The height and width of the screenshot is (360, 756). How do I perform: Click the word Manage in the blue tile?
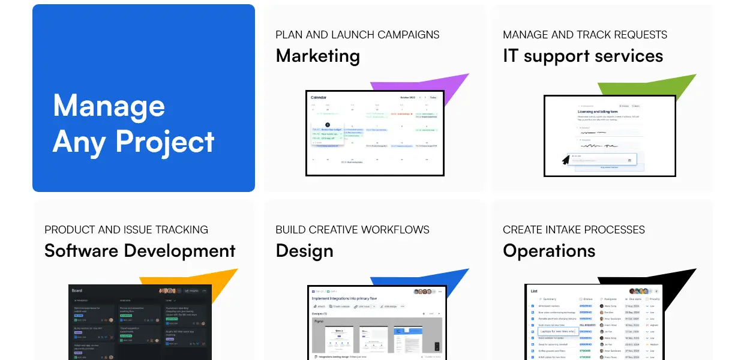(109, 106)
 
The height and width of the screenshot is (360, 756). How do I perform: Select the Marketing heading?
(317, 56)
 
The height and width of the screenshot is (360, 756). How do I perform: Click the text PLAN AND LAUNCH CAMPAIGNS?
(357, 35)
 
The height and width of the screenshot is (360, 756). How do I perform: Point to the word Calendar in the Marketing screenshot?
(319, 97)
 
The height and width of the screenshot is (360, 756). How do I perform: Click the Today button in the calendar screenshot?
(433, 97)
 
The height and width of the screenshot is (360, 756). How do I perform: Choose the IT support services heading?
(583, 56)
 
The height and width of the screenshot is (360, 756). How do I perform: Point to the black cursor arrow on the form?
(565, 160)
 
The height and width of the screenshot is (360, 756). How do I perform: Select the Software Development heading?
(140, 251)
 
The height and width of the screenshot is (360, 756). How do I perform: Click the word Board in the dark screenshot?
(77, 291)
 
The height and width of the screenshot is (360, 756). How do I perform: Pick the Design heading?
(304, 251)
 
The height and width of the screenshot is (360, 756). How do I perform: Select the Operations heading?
(549, 251)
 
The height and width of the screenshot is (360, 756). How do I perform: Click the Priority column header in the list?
(654, 299)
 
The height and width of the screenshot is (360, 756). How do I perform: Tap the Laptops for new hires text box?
(557, 331)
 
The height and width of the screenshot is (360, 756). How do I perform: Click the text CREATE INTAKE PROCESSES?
(574, 230)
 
